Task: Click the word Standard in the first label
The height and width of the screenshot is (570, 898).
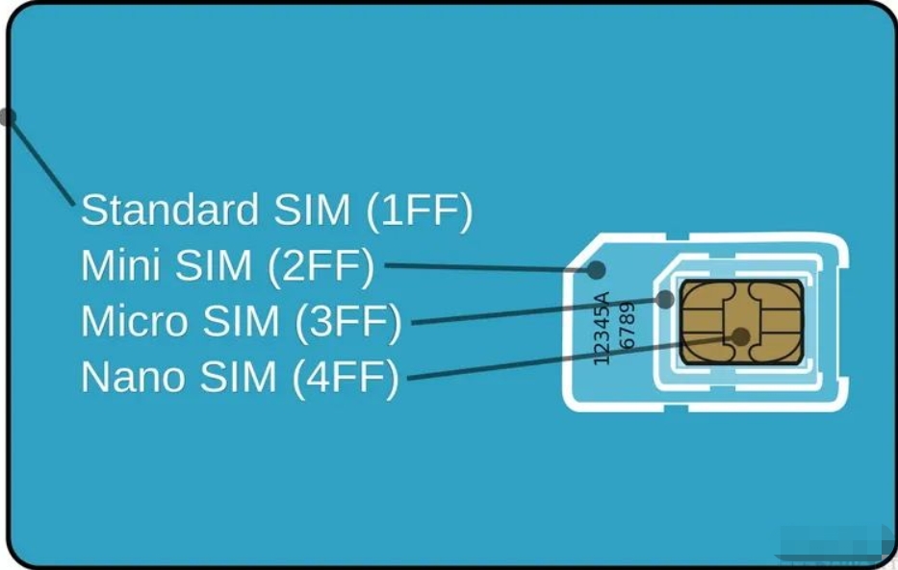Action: point(169,210)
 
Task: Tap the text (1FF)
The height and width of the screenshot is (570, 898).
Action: point(419,211)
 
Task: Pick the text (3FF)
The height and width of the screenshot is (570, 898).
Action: point(350,322)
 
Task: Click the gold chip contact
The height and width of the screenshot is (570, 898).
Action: point(741,322)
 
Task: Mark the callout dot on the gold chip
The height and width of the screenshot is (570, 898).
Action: point(741,335)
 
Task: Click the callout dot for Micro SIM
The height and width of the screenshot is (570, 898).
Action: point(665,300)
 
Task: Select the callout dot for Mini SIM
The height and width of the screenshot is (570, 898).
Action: point(597,270)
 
